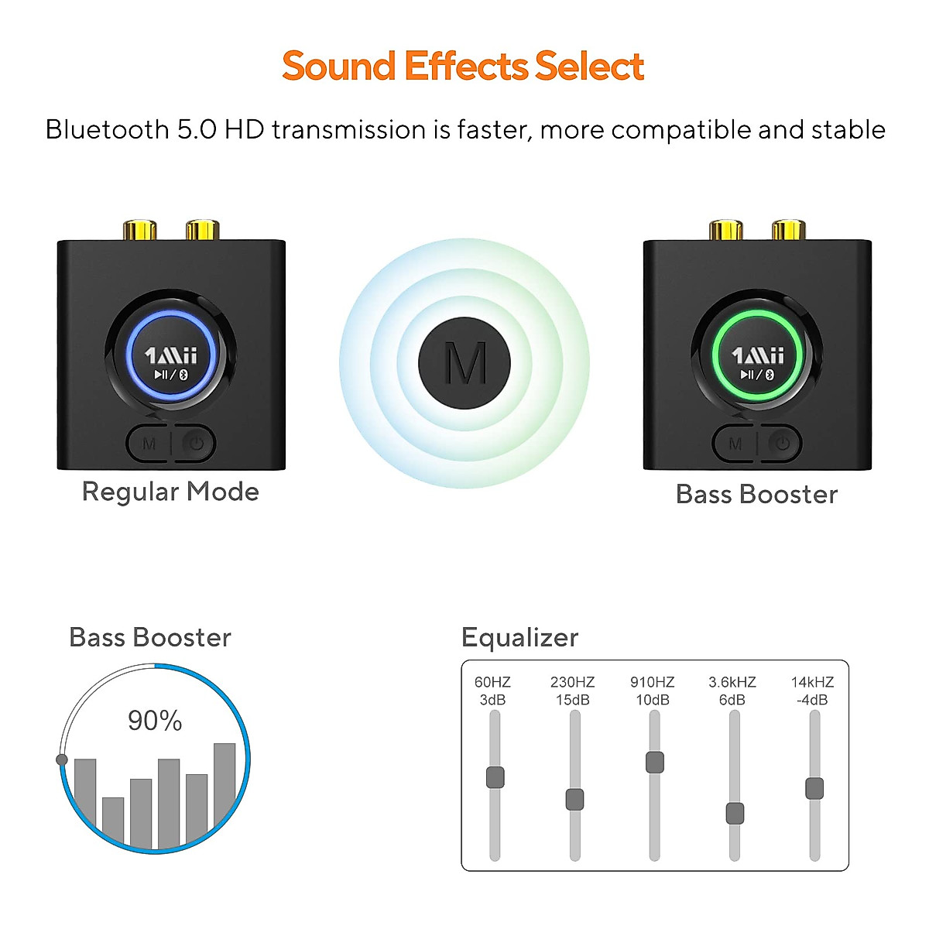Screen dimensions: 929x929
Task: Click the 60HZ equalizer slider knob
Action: tap(495, 777)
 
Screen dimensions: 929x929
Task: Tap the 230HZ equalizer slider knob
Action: tap(574, 800)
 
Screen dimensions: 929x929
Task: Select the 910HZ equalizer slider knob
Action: tap(654, 762)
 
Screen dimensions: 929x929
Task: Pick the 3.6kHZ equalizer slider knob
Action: tap(735, 814)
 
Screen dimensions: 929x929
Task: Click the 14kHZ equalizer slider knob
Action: tap(814, 789)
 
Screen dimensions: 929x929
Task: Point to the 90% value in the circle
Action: tap(155, 722)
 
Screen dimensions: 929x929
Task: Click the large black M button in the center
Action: tap(464, 363)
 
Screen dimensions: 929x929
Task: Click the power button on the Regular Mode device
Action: tap(197, 444)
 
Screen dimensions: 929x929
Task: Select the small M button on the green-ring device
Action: tap(735, 444)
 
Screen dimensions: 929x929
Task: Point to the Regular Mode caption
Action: tap(170, 492)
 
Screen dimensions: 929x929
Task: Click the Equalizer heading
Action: tap(519, 638)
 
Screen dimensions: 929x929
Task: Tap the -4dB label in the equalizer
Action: tap(812, 701)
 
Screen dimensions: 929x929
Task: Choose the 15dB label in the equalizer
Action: tap(573, 701)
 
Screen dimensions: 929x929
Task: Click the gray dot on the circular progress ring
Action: tap(62, 759)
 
